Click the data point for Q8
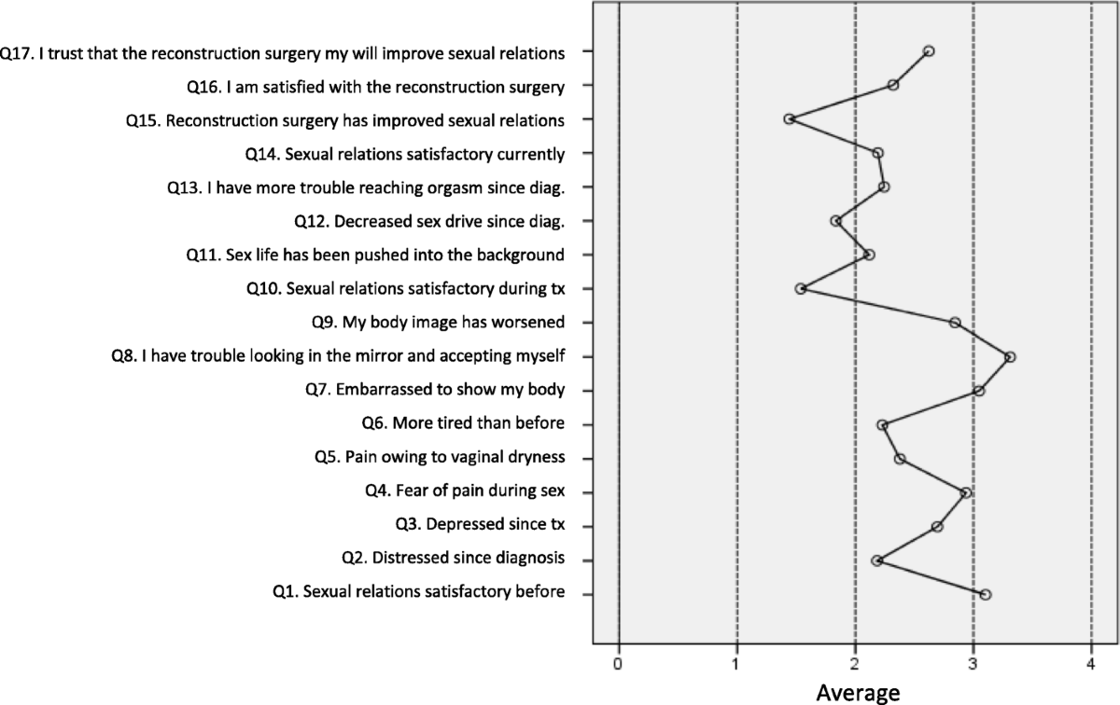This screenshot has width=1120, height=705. (x=1009, y=357)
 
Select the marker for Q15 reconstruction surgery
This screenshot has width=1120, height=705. (x=790, y=119)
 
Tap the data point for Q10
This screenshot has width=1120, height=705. (x=801, y=289)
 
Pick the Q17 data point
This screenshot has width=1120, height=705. (x=928, y=51)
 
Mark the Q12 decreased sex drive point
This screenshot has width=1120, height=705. (x=836, y=221)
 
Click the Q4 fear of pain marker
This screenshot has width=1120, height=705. (x=965, y=492)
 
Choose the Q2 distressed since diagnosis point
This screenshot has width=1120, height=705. (x=876, y=560)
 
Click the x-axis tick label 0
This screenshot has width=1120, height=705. (x=618, y=663)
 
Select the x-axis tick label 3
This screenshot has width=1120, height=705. (x=973, y=663)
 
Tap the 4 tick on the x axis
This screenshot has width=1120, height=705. (x=1091, y=663)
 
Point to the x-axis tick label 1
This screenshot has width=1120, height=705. (x=736, y=663)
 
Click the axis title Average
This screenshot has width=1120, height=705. (x=858, y=692)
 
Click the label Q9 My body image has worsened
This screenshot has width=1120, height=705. (x=438, y=323)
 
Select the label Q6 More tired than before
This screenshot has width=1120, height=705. (x=463, y=424)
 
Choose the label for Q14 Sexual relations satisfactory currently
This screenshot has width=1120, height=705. (x=404, y=153)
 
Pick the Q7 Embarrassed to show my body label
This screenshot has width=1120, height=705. (x=434, y=390)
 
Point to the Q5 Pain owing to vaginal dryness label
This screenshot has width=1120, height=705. (x=440, y=458)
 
